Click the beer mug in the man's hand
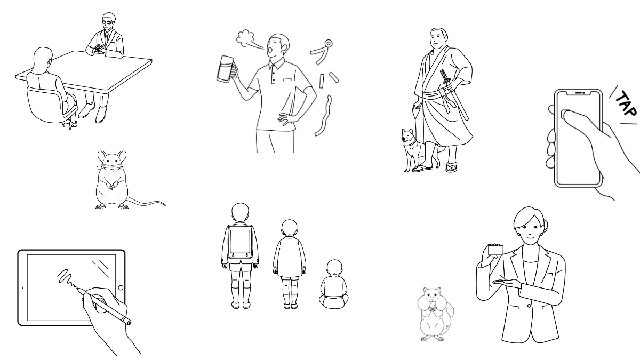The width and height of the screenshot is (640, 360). [x=226, y=69]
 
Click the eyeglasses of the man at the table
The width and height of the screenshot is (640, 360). [x=107, y=22]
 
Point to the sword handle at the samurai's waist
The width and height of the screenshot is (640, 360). [x=445, y=77]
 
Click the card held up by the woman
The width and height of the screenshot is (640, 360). [x=495, y=250]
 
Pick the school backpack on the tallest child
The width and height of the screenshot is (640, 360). [x=241, y=242]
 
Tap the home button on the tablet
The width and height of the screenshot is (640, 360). [x=121, y=287]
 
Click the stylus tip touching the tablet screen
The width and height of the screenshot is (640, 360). [x=78, y=289]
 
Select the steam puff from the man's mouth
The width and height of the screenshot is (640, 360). [x=245, y=38]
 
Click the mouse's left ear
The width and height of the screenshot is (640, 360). [x=102, y=156]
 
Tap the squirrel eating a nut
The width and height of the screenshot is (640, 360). [x=435, y=314]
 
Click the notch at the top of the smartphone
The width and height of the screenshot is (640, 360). [x=579, y=93]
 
